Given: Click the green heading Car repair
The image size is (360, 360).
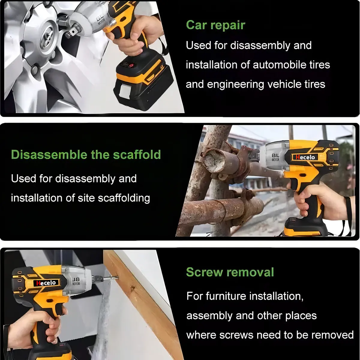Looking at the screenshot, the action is tap(216, 25).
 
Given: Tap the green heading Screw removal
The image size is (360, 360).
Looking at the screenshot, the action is tap(230, 272).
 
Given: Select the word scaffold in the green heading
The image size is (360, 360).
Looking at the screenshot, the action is tap(137, 154).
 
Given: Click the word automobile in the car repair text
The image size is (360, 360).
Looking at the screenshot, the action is tap(279, 65).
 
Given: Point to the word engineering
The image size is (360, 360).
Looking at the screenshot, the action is tap(236, 85).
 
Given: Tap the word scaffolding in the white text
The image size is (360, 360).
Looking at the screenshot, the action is tap(124, 198).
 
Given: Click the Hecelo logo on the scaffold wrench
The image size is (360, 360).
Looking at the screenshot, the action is tap(305, 157).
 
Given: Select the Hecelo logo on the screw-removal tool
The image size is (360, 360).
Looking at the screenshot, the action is tap(46, 283).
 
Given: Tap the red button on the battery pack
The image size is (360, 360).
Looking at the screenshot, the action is tap(131, 65).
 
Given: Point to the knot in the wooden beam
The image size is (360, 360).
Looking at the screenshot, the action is tap(133, 288).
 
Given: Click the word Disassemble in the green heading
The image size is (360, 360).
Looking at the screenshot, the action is tap(49, 154).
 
